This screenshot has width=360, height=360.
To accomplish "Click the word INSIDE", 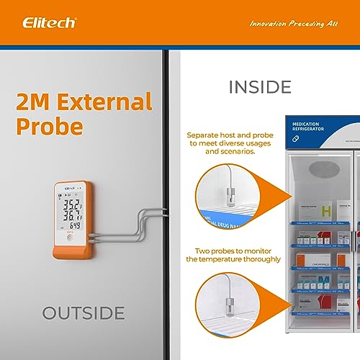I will [260, 88].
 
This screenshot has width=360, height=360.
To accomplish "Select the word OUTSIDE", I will [83, 313].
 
